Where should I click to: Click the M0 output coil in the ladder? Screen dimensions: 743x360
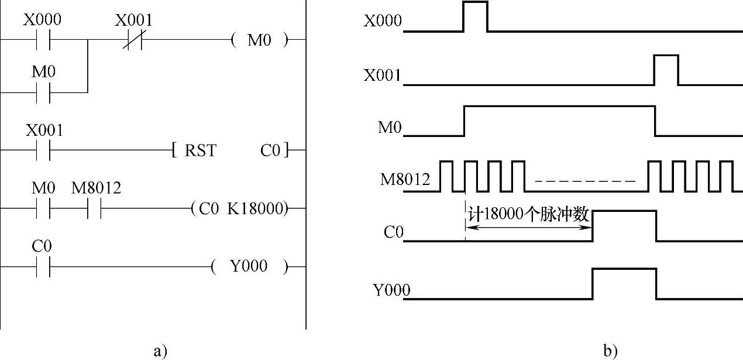260,40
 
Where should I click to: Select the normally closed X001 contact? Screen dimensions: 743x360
133,40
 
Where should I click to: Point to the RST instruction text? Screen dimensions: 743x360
200,151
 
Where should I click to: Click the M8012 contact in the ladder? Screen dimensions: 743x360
95,208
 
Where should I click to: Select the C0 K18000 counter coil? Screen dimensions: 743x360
240,208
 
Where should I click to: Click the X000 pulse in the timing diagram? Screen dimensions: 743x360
475,15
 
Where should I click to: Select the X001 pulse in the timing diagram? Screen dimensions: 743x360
666,69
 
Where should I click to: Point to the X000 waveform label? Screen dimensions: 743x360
383,22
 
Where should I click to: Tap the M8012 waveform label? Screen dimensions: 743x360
404,179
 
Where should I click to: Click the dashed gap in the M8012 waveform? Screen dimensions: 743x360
585,181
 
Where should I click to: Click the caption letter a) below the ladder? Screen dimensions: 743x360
160,351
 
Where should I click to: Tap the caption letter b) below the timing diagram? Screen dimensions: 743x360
610,351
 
